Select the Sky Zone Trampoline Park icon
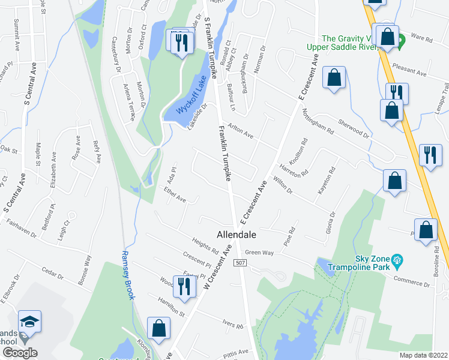tap(397, 260)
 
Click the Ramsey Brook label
tap(128, 275)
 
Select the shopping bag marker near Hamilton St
tap(159, 329)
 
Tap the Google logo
tap(19, 353)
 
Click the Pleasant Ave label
tap(408, 70)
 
